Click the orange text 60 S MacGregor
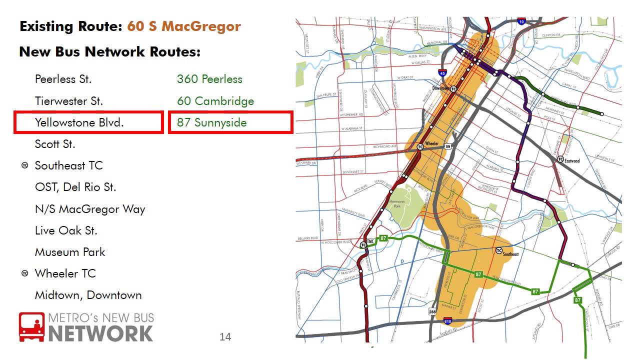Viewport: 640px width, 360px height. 183,26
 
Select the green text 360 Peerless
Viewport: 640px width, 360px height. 209,79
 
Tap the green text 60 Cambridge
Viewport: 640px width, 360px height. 215,101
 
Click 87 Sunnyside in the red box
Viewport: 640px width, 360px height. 212,122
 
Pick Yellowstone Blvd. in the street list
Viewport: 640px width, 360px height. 79,122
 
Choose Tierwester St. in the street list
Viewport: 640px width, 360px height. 69,101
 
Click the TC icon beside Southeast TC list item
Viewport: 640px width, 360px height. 25,165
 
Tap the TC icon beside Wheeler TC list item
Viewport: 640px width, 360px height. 25,273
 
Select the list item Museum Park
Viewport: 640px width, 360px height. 70,252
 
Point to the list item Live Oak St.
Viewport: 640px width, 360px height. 66,230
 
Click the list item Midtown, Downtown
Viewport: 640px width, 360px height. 88,295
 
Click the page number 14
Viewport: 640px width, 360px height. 225,337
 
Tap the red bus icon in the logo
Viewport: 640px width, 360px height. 31,327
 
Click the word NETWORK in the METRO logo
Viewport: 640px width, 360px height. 100,333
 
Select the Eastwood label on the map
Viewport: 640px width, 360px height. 572,161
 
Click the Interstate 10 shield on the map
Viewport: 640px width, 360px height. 521,22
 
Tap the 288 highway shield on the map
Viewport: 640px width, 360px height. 432,311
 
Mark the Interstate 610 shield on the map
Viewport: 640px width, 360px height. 447,321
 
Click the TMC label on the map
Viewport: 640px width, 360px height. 370,242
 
